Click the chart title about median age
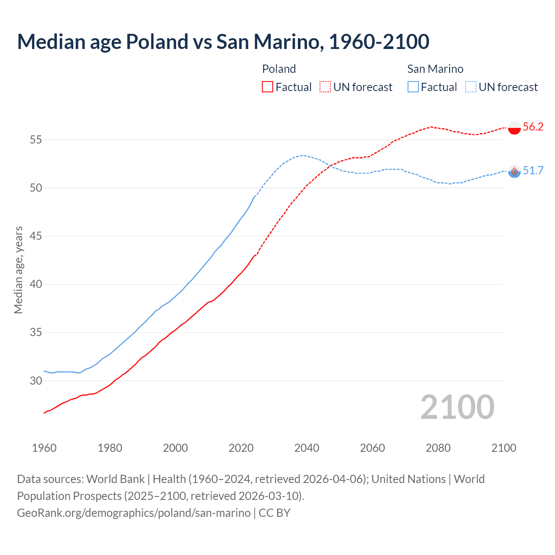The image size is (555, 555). (223, 42)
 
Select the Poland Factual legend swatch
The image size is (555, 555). (268, 87)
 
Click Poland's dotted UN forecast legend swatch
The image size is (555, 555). (325, 87)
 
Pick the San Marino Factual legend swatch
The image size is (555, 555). (413, 87)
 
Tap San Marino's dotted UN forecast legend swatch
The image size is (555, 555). (471, 87)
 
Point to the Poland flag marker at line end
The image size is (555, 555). (514, 128)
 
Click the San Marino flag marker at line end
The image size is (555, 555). (514, 172)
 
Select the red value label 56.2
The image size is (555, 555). (533, 127)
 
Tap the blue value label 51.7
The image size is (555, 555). (533, 170)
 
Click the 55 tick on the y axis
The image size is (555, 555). (36, 140)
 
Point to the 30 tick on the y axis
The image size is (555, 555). (36, 381)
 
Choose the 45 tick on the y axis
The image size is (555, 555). (36, 236)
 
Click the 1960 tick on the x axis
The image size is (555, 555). (44, 448)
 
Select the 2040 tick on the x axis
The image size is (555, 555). (307, 448)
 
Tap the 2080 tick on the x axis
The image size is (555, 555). (438, 448)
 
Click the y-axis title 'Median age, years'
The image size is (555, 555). (18, 270)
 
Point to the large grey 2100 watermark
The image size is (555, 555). (457, 407)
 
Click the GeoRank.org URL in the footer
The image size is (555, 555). (134, 513)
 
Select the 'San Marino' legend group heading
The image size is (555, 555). (435, 69)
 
